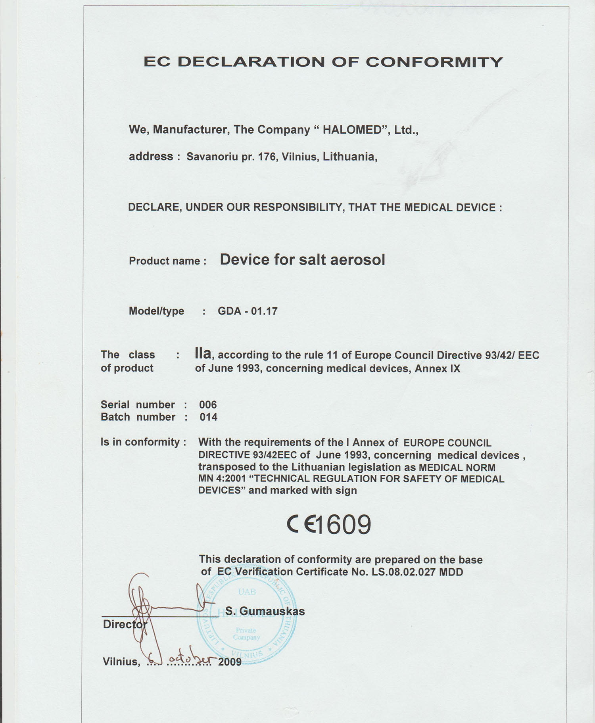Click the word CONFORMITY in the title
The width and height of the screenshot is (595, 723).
[434, 62]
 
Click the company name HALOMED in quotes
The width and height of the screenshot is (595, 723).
[352, 130]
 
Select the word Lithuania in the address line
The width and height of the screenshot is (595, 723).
[349, 157]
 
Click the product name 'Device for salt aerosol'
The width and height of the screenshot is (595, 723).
[302, 260]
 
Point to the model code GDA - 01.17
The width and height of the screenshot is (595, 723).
[248, 311]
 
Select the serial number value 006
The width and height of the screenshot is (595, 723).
[208, 405]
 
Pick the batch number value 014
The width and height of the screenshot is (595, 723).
[208, 417]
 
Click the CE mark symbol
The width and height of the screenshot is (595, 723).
[301, 524]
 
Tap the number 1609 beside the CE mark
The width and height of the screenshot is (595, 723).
[344, 524]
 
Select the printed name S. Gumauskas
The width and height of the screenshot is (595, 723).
[265, 611]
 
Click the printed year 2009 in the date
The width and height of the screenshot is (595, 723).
[230, 662]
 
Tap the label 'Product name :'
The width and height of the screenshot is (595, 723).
[167, 261]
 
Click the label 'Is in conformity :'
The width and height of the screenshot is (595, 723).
[143, 442]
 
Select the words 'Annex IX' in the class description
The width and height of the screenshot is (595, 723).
[438, 368]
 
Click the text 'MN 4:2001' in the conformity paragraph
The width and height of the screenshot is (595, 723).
[222, 479]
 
